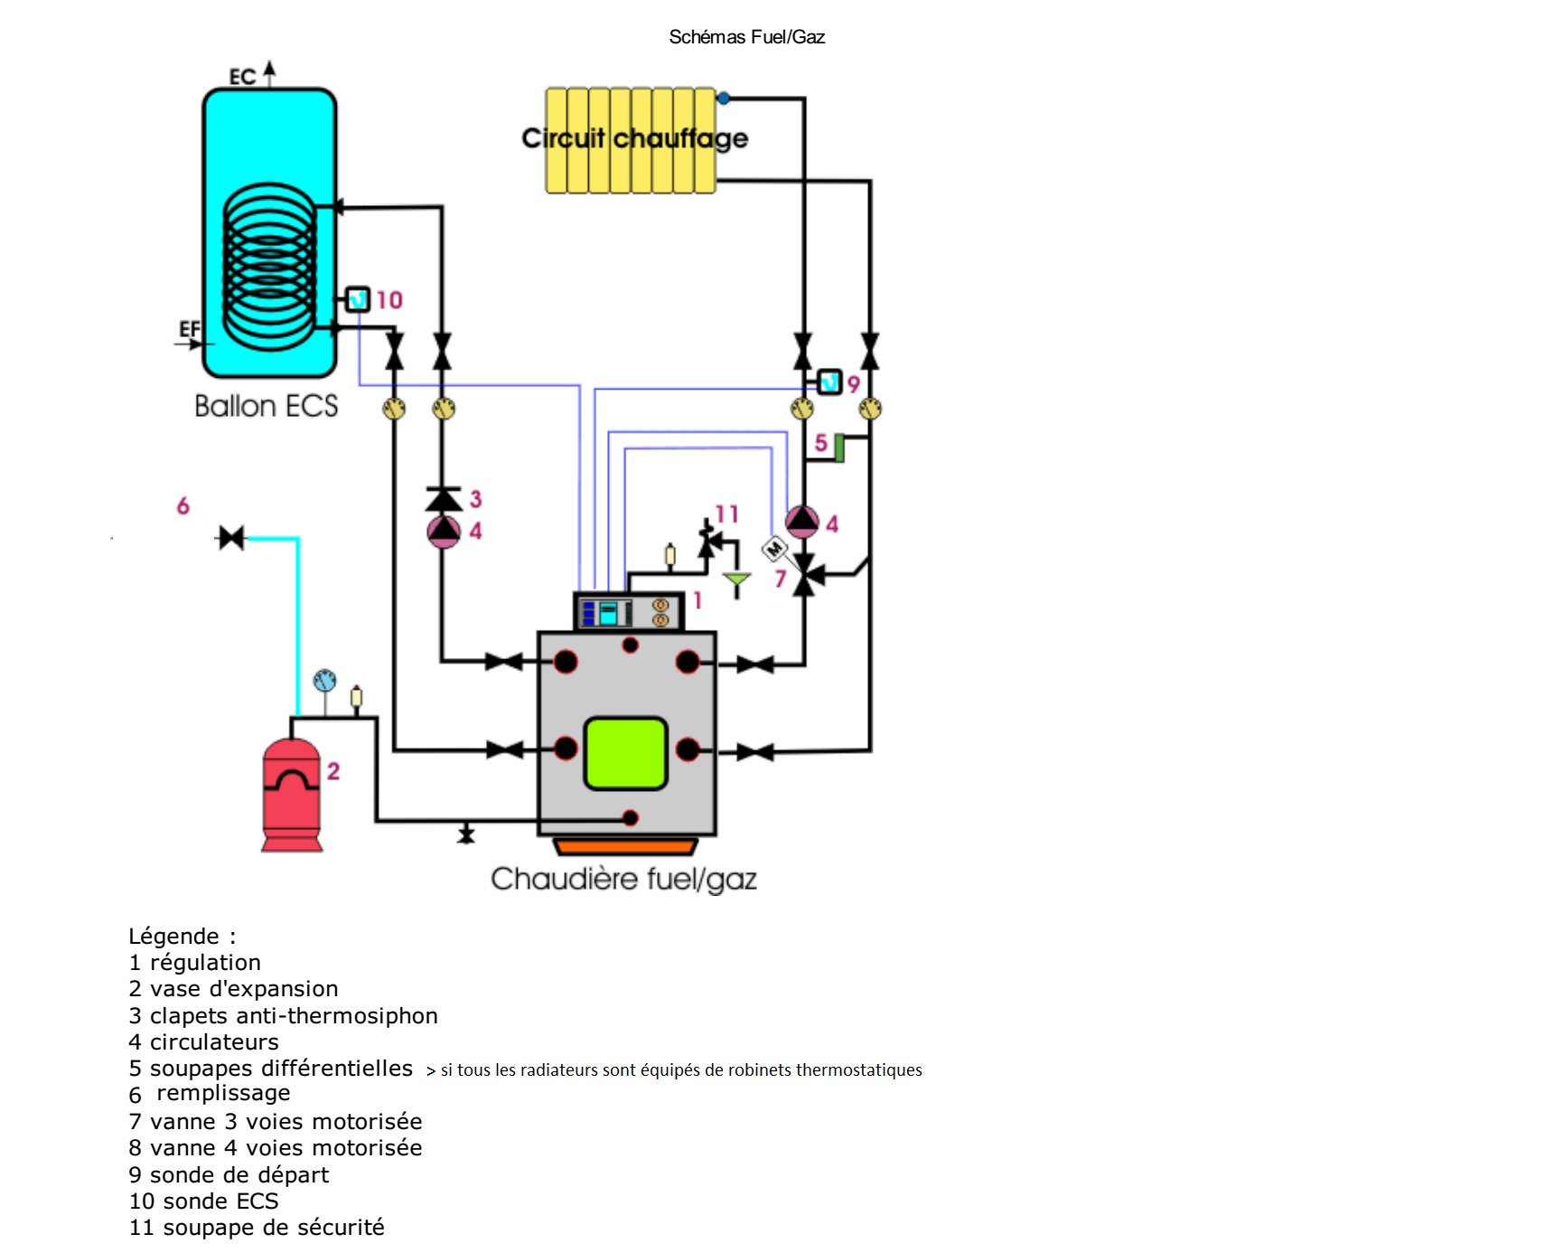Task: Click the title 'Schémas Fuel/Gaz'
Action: (746, 37)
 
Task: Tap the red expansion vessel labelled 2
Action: (291, 796)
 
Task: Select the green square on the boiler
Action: (625, 753)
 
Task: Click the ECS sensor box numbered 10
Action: (358, 298)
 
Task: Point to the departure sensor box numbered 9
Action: (829, 382)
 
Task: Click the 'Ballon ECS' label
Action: (267, 406)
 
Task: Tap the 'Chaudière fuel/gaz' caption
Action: (623, 879)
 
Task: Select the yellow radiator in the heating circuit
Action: (631, 140)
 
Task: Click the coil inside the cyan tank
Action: (269, 266)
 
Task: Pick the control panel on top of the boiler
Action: (629, 612)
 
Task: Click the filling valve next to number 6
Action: (232, 538)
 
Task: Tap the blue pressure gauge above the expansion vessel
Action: (324, 681)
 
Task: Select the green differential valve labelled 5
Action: (839, 447)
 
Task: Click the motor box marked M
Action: (774, 548)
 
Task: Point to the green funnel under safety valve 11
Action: (736, 579)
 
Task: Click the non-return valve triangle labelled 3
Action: (444, 499)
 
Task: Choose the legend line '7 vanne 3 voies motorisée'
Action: (276, 1122)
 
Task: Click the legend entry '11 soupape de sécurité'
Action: (257, 1228)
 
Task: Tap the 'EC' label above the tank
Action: (242, 77)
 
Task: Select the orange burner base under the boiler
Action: (625, 847)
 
